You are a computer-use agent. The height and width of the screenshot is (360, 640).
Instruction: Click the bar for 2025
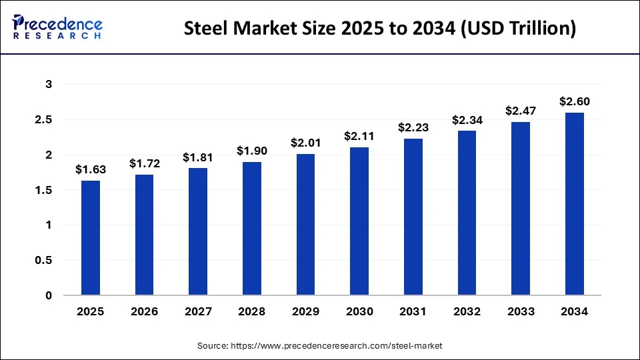coord(91,237)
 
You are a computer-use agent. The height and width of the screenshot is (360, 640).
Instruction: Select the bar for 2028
coord(252,228)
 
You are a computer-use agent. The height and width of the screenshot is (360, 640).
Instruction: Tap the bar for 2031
coord(413,217)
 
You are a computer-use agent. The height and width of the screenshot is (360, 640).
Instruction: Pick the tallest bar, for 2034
coord(575,203)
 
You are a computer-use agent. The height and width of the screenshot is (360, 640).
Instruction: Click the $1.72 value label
coord(145,163)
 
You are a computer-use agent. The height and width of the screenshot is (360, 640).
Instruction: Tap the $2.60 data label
coord(575,101)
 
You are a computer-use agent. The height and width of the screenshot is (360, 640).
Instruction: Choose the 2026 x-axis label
coord(145,312)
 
